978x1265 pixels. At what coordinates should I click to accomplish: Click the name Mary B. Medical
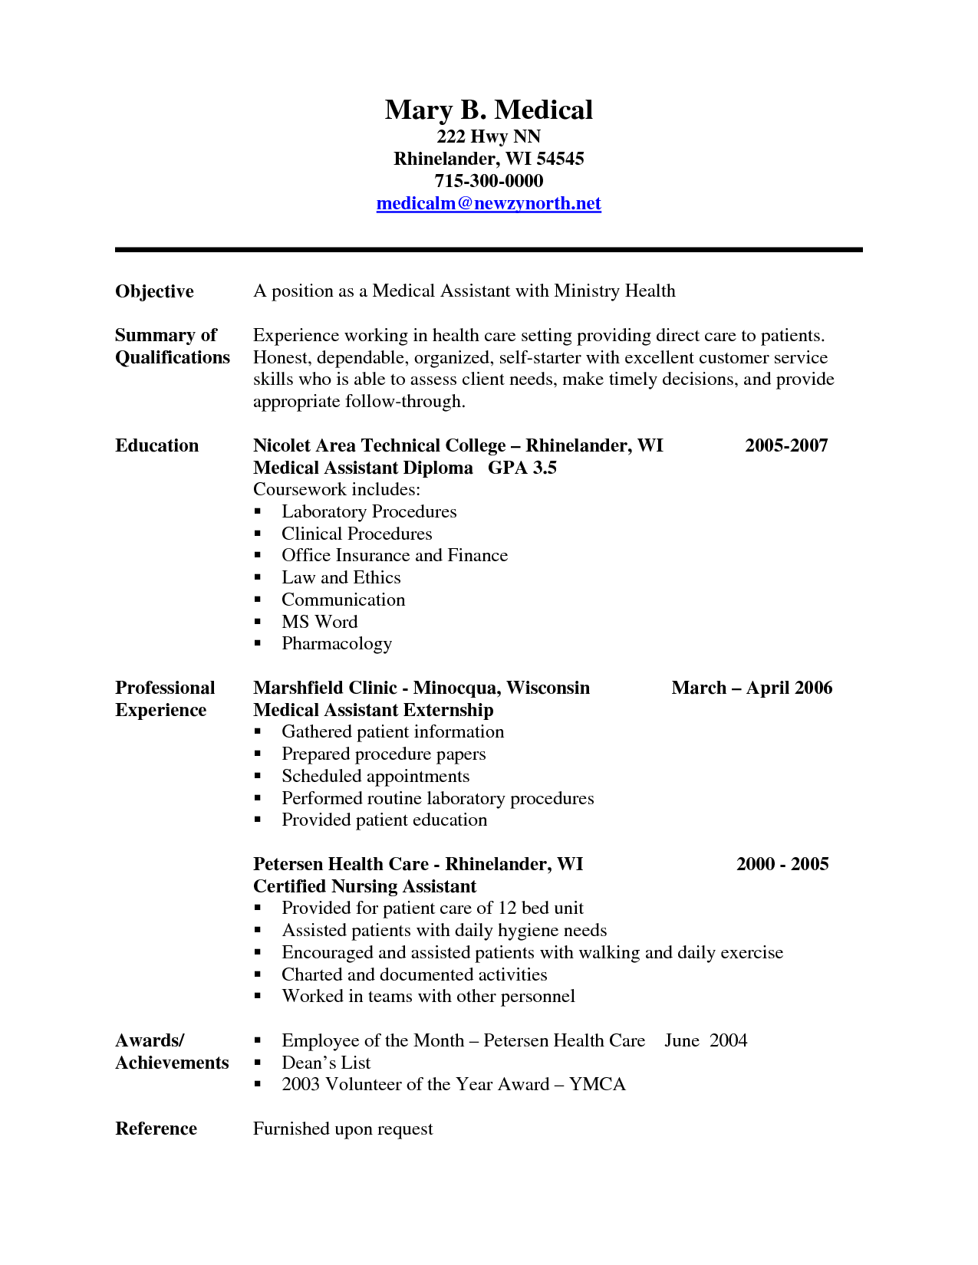[489, 110]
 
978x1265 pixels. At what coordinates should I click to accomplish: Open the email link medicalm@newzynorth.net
[489, 204]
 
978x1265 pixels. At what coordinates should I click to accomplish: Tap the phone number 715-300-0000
[489, 182]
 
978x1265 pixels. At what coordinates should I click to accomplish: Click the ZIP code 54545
[560, 159]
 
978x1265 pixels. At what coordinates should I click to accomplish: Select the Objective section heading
[154, 292]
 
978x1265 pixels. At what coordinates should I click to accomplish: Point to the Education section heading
[156, 446]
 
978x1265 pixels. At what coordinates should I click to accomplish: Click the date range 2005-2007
[786, 446]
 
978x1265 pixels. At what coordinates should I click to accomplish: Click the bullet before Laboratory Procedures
[258, 512]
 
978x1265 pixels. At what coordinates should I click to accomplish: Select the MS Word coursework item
[319, 623]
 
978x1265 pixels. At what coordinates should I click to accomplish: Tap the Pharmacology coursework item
[337, 644]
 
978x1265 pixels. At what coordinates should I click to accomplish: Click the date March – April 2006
[752, 688]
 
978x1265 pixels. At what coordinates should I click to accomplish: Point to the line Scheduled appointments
[375, 777]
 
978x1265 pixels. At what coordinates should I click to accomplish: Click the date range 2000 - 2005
[782, 865]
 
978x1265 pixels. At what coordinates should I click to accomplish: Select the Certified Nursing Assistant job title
[364, 887]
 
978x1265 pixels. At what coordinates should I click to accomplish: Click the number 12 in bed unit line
[507, 909]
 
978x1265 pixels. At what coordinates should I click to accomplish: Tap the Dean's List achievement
[326, 1063]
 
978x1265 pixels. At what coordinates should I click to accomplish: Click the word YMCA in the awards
[597, 1085]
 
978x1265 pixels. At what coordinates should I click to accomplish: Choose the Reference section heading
[156, 1129]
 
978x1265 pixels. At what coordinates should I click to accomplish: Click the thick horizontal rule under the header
[489, 250]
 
